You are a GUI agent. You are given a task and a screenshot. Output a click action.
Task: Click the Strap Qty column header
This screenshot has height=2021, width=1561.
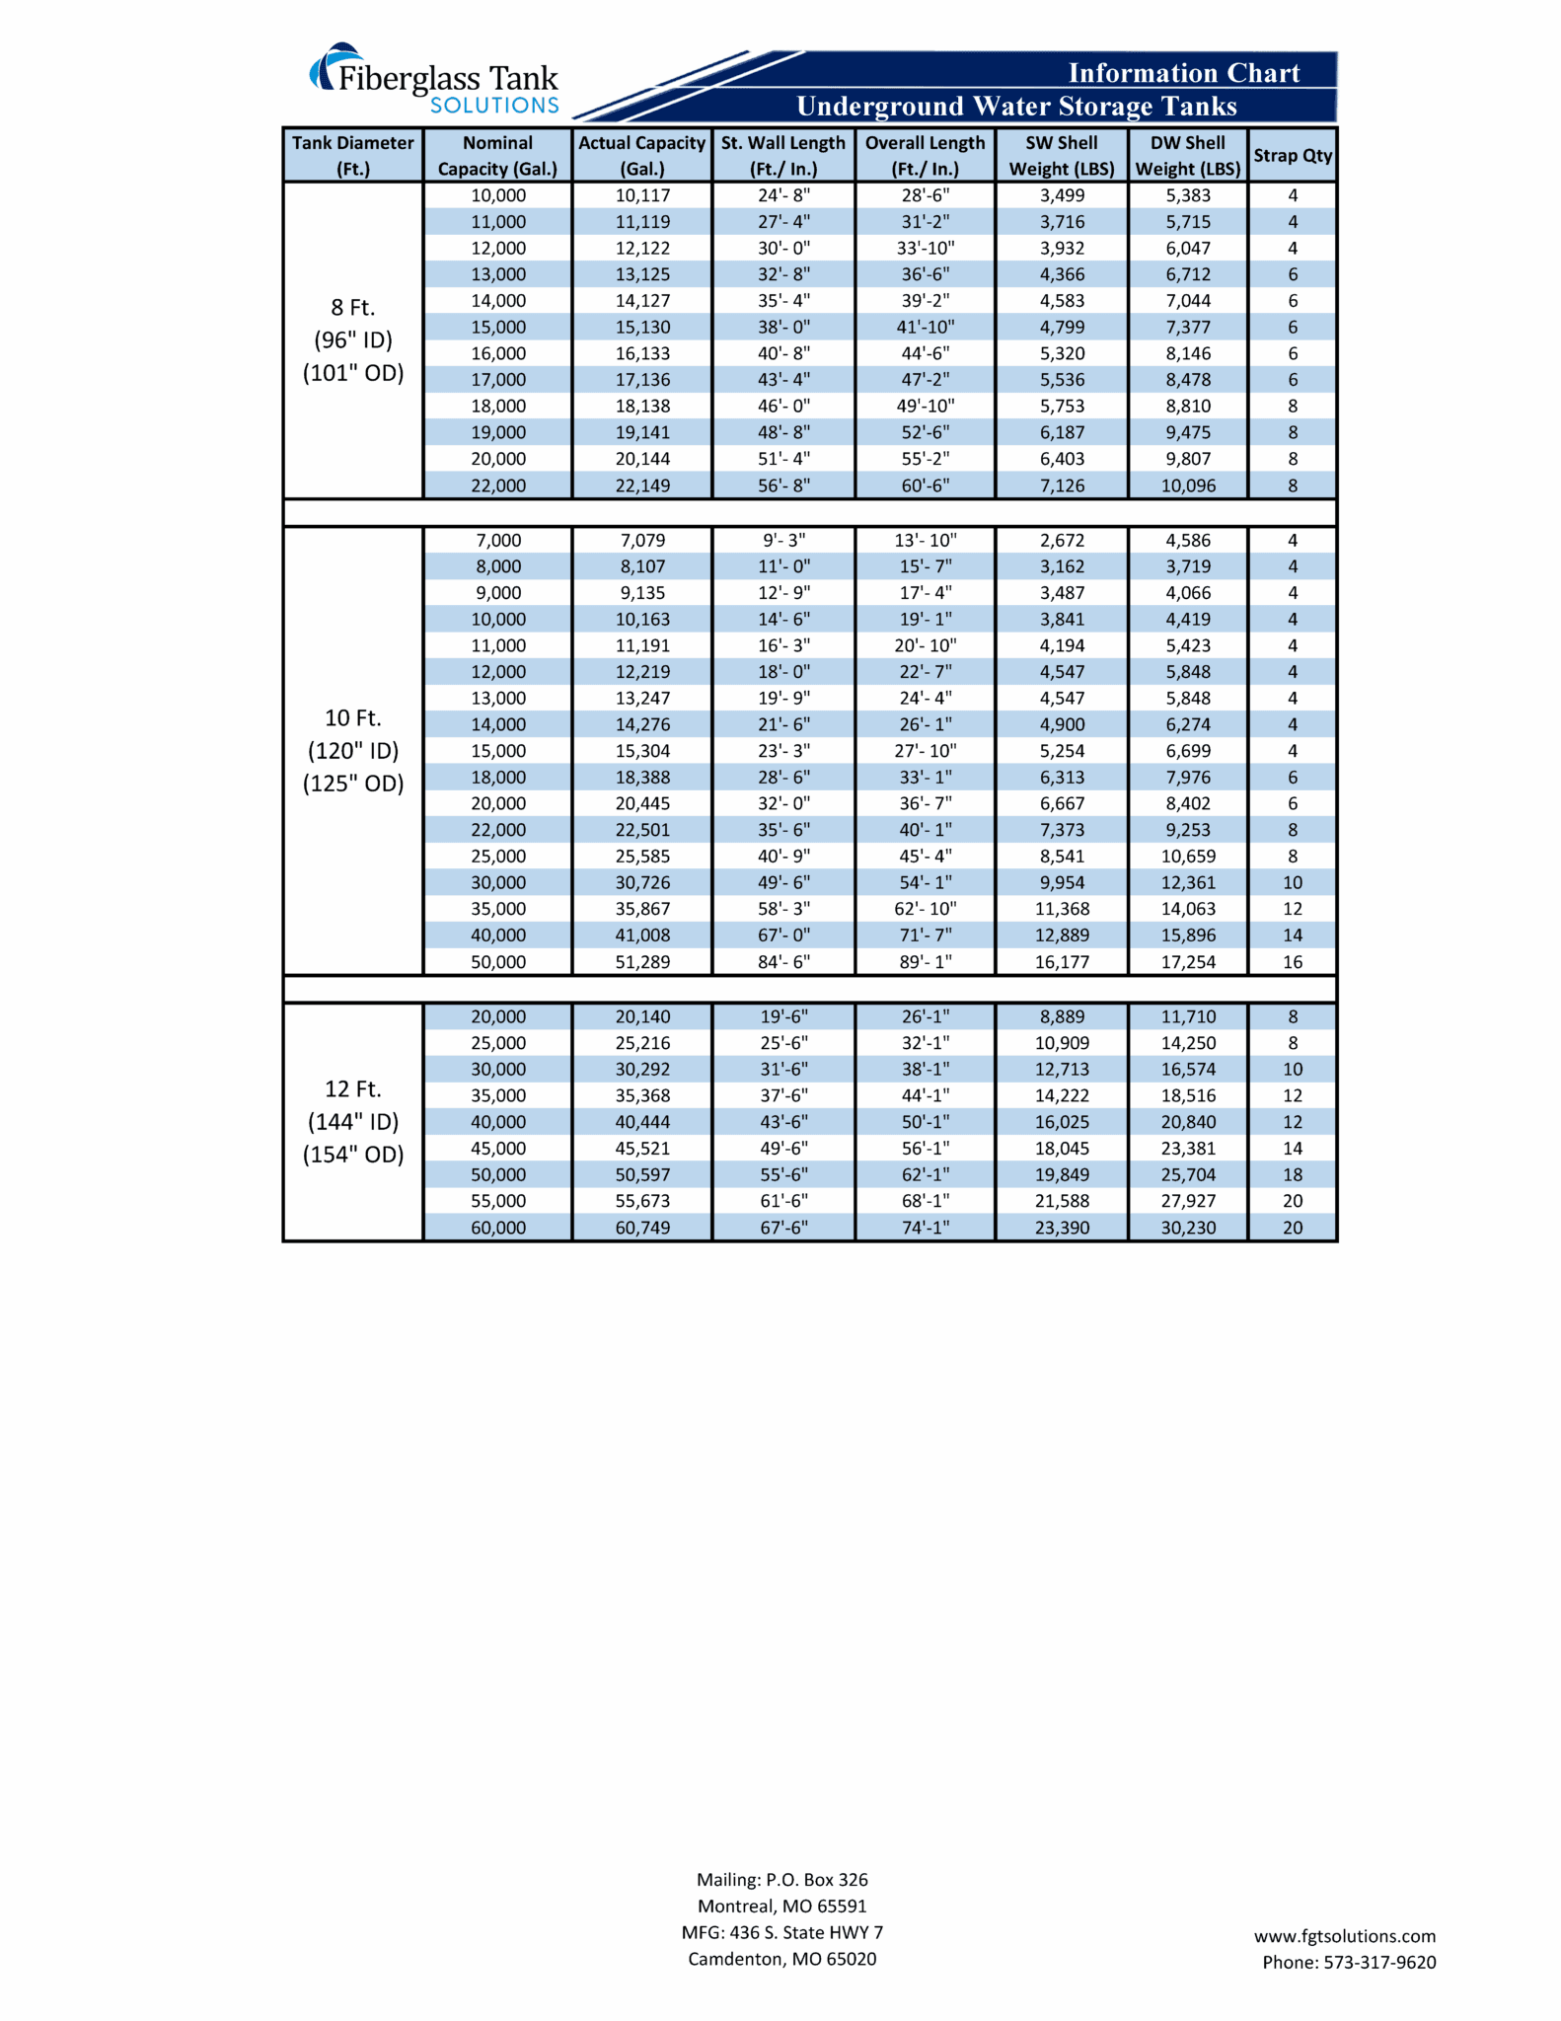coord(1292,156)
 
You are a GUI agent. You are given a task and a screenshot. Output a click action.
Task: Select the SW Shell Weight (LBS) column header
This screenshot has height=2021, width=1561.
coord(1061,156)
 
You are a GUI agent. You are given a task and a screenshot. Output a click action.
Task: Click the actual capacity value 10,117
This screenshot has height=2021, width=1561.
coord(642,195)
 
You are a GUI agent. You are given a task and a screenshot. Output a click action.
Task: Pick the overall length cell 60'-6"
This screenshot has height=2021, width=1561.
coord(925,486)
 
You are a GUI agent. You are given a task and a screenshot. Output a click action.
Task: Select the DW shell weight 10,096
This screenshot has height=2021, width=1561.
coord(1187,486)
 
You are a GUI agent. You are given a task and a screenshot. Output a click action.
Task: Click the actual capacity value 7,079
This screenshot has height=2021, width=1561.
coord(642,541)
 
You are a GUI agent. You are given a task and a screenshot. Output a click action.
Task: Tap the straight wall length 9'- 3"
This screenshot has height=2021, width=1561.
coord(783,541)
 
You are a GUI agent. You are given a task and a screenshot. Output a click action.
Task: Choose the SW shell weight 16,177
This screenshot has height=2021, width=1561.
coord(1062,962)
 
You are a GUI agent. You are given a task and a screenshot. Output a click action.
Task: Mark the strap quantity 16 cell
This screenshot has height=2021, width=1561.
coord(1292,962)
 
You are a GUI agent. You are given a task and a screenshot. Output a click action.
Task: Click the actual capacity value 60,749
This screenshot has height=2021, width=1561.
coord(642,1228)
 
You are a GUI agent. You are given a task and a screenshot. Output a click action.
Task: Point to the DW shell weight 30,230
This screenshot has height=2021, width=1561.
coord(1187,1228)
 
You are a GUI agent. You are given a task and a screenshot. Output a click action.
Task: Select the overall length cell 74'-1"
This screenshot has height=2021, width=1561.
coord(925,1228)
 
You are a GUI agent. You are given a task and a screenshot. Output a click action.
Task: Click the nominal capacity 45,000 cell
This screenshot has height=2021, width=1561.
coord(498,1149)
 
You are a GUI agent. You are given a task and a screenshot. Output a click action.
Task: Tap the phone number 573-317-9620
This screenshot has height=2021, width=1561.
coord(1378,1963)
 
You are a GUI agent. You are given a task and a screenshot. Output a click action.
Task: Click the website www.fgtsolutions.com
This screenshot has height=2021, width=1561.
coord(1344,1936)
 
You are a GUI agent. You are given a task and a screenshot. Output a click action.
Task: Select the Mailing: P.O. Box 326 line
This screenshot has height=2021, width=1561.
coord(781,1880)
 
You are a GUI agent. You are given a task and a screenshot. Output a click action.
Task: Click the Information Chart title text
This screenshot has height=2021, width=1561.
coord(1183,73)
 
